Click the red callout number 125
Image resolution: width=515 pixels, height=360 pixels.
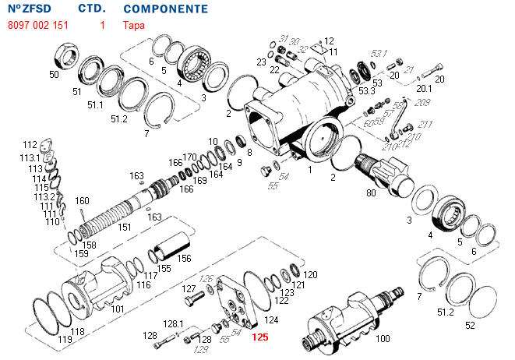[259, 338]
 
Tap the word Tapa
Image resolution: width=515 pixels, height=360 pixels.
[133, 25]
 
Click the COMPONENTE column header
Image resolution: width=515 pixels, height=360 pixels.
[165, 9]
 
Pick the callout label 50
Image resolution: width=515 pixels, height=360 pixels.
[54, 75]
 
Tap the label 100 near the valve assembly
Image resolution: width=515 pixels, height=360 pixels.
[383, 339]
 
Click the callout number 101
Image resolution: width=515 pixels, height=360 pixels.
[117, 309]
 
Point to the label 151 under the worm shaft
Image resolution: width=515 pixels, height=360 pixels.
[124, 228]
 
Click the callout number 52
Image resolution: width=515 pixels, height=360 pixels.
[469, 323]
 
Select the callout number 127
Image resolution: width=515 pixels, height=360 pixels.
[189, 288]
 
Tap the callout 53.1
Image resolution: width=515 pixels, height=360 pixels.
[379, 53]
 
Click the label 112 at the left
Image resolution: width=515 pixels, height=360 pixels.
[30, 145]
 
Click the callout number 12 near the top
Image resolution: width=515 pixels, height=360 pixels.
[329, 41]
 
